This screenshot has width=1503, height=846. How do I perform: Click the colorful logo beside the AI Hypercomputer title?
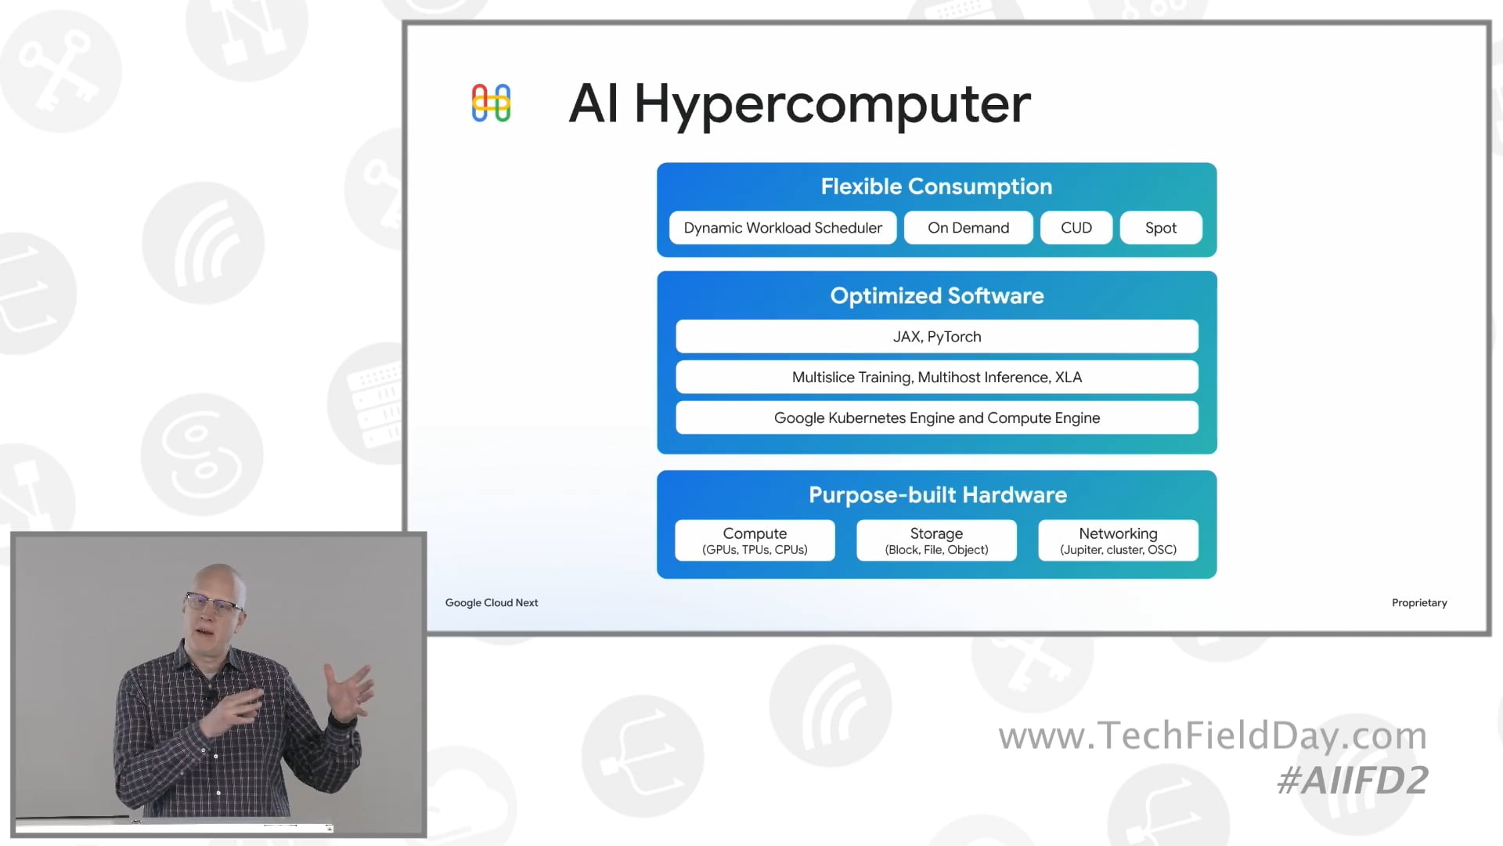click(x=491, y=103)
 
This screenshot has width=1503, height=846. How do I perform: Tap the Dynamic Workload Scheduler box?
click(x=783, y=228)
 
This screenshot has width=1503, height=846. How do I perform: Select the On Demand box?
click(x=968, y=228)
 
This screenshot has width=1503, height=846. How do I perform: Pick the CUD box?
click(x=1076, y=228)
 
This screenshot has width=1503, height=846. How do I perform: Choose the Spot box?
click(x=1160, y=228)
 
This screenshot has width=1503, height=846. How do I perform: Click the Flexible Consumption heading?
click(x=936, y=186)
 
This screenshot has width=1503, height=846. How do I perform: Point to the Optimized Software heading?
click(x=936, y=296)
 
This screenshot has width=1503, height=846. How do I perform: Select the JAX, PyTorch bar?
click(x=936, y=337)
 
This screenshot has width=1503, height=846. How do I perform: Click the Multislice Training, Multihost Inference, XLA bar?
click(x=936, y=378)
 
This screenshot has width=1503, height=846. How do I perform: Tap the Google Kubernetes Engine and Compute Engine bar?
click(x=936, y=418)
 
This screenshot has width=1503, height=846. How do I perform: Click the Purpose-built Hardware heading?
click(x=937, y=495)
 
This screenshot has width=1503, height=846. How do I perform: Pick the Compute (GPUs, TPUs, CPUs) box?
click(x=755, y=540)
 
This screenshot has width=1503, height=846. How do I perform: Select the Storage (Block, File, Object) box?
click(x=936, y=540)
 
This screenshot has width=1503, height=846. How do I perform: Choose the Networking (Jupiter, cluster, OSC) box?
click(x=1118, y=540)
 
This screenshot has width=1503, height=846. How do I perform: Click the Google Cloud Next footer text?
click(x=492, y=602)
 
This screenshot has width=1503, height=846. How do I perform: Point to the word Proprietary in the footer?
click(x=1418, y=602)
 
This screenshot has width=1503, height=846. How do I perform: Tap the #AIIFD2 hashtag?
click(x=1352, y=780)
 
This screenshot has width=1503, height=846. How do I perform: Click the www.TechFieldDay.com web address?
click(x=1213, y=736)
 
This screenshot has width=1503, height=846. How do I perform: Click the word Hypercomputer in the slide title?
click(x=832, y=104)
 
